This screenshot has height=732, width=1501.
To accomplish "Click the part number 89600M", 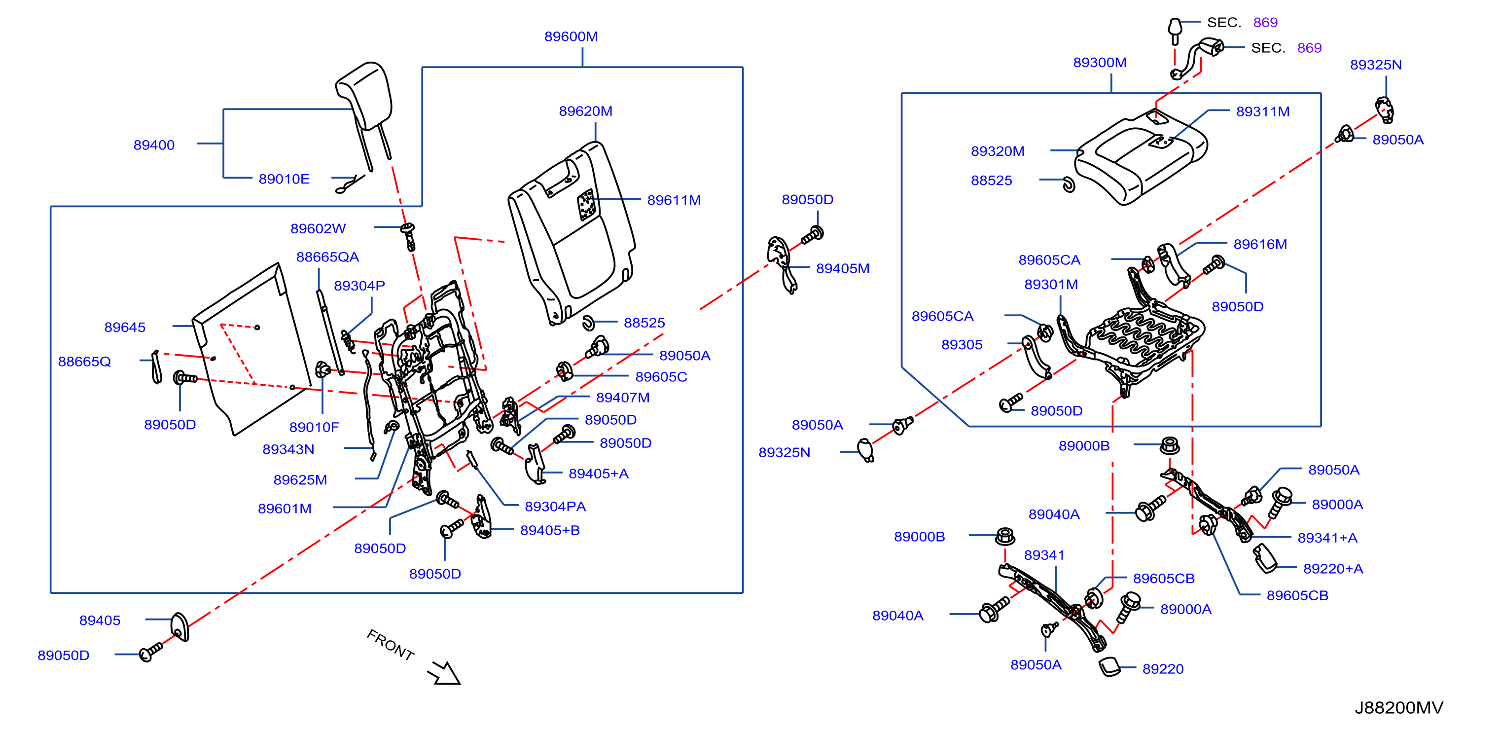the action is pyautogui.click(x=571, y=37).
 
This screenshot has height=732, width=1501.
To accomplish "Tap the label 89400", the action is pyautogui.click(x=154, y=145).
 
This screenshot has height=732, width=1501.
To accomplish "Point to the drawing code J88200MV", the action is pyautogui.click(x=1398, y=707).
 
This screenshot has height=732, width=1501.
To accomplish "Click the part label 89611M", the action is pyautogui.click(x=674, y=200).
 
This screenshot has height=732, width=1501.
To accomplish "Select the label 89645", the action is pyautogui.click(x=125, y=328).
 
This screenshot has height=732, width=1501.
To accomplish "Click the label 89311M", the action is pyautogui.click(x=1263, y=112).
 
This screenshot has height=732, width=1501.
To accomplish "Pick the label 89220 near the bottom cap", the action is pyautogui.click(x=1162, y=669).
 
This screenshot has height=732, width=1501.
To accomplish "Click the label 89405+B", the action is pyautogui.click(x=549, y=530).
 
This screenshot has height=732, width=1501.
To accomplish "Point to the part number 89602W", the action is pyautogui.click(x=318, y=229).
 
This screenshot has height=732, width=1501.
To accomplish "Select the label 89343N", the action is pyautogui.click(x=288, y=450).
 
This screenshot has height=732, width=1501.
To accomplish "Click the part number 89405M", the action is pyautogui.click(x=843, y=269).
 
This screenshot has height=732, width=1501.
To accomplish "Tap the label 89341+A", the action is pyautogui.click(x=1327, y=538).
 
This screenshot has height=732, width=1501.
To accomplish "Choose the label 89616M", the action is pyautogui.click(x=1260, y=245).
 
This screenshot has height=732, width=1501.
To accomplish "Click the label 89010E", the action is pyautogui.click(x=284, y=180).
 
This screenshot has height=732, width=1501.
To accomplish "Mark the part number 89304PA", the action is pyautogui.click(x=555, y=507).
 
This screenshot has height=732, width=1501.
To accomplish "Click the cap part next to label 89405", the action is pyautogui.click(x=180, y=627).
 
